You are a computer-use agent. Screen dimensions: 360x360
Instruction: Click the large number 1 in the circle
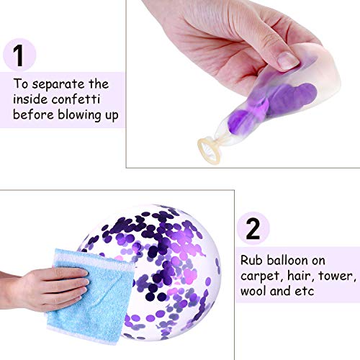pos(18,55)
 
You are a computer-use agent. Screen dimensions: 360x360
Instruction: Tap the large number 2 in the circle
pos(253,229)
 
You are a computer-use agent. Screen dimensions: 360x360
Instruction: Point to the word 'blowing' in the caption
pos(79,115)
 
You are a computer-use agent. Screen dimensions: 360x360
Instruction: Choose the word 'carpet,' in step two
pos(261,276)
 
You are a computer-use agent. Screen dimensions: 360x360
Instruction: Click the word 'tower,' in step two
pos(337,276)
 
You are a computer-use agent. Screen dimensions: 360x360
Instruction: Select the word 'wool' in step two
pos(253,291)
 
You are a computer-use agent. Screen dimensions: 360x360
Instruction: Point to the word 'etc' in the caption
pos(305,292)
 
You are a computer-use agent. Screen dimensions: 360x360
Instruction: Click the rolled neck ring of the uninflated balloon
pos(209,150)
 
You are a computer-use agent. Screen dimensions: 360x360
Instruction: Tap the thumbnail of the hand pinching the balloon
pos(288,60)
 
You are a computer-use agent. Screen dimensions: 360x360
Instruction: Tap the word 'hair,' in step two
pos(300,276)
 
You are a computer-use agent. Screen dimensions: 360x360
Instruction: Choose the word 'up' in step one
pos(112,116)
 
